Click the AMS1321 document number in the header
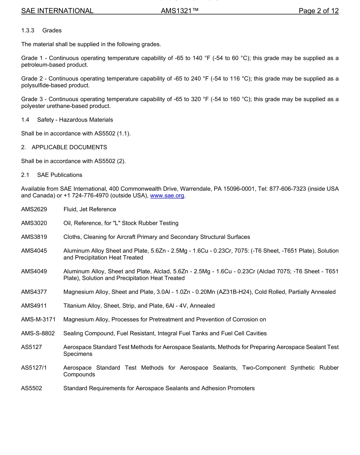[x=180, y=11]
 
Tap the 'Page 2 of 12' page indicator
[x=318, y=11]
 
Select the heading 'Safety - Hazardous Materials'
[x=75, y=120]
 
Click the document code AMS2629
[x=34, y=209]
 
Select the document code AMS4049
[x=34, y=271]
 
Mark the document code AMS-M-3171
[x=38, y=319]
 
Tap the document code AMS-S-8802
[x=38, y=333]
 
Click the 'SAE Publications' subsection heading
[x=59, y=175]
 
